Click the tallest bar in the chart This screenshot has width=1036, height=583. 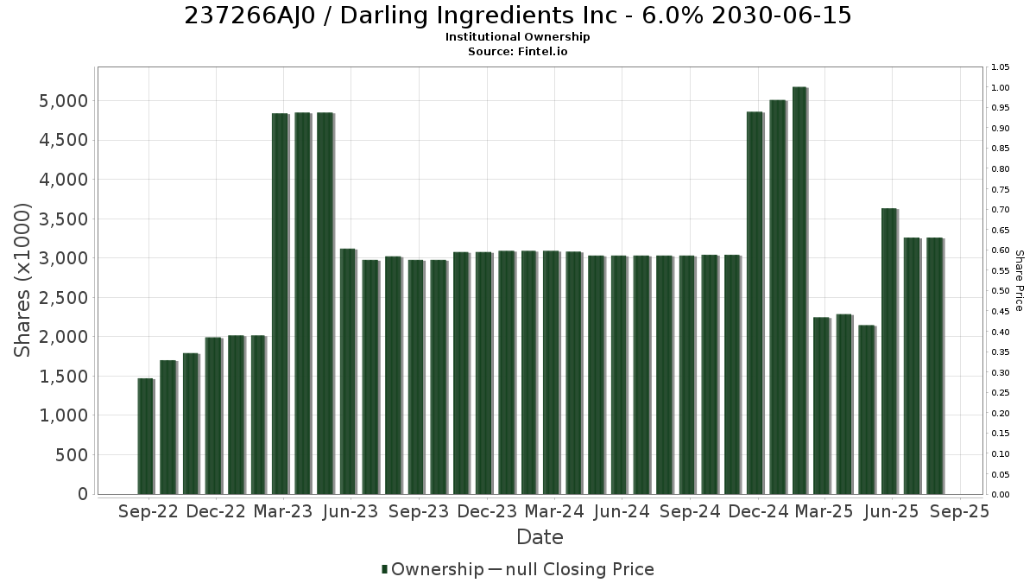(799, 290)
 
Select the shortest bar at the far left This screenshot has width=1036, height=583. (146, 436)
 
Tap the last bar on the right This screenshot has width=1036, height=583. (935, 366)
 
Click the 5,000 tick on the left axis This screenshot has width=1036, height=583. (63, 101)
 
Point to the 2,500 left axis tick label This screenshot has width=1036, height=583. (63, 297)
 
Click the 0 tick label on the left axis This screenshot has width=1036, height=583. (83, 494)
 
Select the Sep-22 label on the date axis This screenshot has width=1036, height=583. (148, 511)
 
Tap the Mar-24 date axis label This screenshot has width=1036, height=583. (554, 511)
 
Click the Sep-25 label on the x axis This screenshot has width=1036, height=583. (960, 511)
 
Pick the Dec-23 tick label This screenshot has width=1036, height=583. (487, 511)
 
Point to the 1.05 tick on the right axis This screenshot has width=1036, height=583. (1001, 67)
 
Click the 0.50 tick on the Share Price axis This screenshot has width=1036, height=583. (1001, 291)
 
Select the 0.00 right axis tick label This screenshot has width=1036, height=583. (1001, 495)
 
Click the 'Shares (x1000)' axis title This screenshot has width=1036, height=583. (22, 281)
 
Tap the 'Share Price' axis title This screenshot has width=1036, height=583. (1019, 281)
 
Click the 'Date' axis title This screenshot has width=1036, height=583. (540, 537)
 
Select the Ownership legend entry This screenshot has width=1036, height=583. (433, 569)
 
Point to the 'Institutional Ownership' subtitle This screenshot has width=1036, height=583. (517, 37)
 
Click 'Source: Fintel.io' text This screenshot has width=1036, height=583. (517, 52)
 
